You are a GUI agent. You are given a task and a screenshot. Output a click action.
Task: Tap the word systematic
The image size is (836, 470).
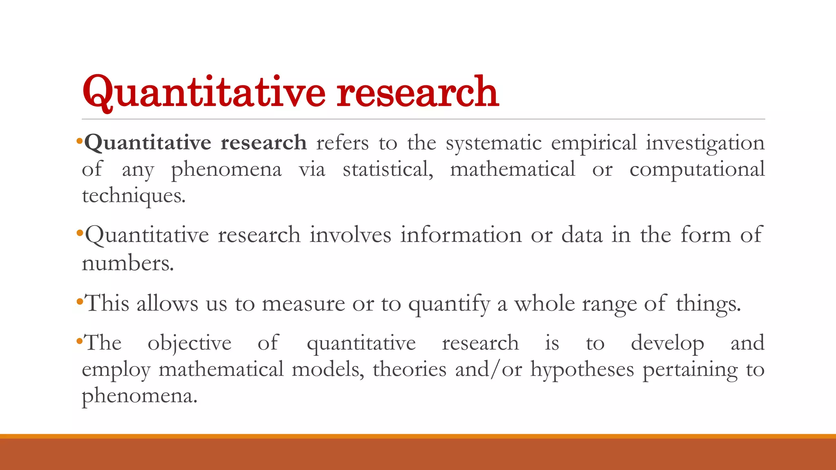click(494, 143)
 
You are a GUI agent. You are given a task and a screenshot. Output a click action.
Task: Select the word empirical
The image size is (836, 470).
click(594, 144)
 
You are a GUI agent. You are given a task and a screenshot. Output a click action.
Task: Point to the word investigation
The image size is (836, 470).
click(705, 144)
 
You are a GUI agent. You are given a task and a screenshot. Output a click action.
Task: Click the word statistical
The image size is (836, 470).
click(388, 169)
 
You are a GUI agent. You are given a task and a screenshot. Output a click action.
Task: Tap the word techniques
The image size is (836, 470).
click(133, 196)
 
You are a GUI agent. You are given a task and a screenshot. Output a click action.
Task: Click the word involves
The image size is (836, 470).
click(350, 235)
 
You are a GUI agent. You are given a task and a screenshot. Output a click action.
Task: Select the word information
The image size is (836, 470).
click(461, 235)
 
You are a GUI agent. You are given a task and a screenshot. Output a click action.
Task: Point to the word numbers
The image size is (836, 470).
click(128, 263)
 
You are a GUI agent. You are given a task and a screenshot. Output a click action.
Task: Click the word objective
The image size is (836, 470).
click(189, 344)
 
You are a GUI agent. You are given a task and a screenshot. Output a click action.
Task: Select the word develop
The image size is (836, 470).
click(667, 344)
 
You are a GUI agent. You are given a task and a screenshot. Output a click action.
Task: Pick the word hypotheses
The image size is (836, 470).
click(582, 370)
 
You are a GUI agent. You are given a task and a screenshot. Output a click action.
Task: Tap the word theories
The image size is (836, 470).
click(409, 369)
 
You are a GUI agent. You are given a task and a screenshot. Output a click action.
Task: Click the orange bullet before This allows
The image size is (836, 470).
click(80, 302)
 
